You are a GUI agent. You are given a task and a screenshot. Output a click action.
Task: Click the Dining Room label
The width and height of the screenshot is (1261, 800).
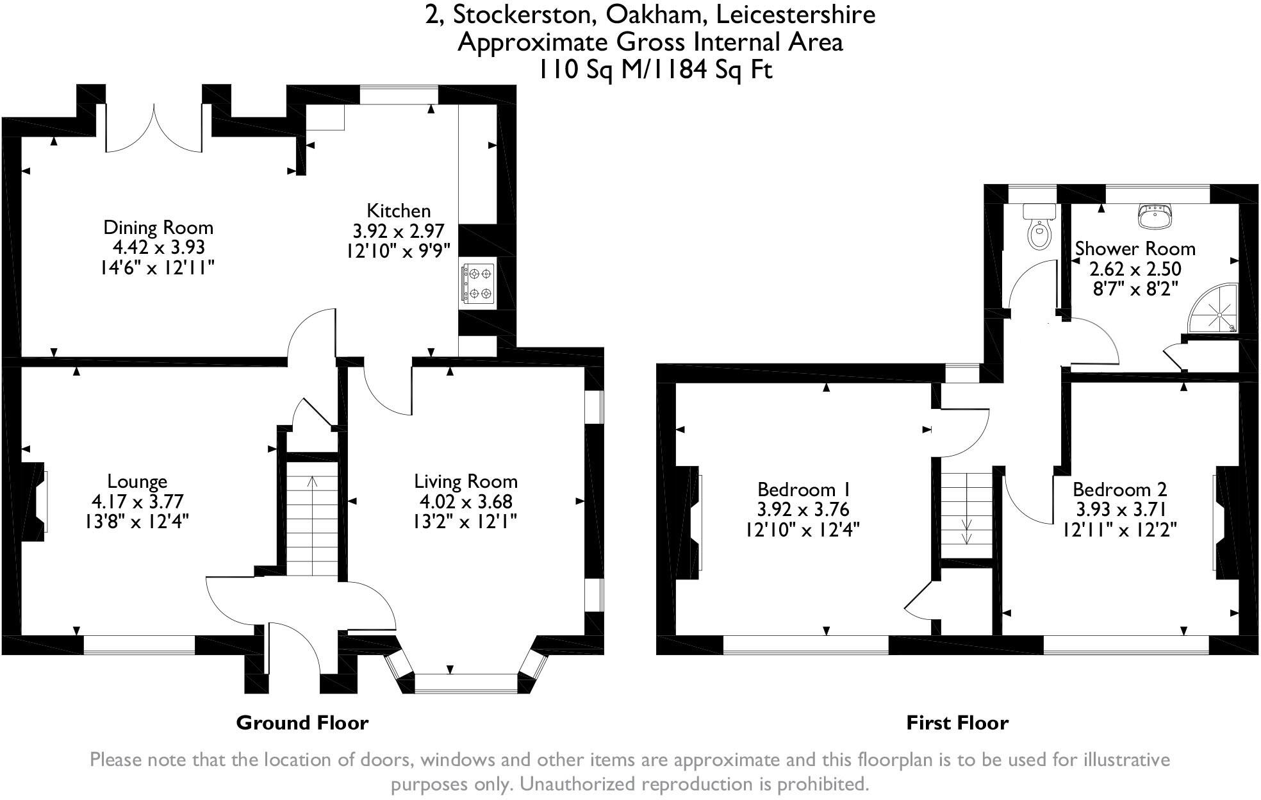coord(158,228)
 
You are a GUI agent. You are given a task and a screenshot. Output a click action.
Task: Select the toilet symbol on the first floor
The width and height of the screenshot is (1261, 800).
coord(1039,229)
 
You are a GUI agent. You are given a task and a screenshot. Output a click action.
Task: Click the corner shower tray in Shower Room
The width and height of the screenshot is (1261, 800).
coord(1214,312)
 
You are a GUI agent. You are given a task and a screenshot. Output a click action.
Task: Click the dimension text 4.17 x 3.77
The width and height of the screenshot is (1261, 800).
coord(137,501)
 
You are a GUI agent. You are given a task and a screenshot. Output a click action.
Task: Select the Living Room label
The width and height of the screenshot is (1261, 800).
coord(465,481)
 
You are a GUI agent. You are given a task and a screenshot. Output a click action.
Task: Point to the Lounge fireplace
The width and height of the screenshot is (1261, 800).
coord(37,501)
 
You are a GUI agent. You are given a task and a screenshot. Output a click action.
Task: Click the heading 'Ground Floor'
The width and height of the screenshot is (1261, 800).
coord(302,723)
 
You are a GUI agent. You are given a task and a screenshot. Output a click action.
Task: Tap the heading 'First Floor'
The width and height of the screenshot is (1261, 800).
coord(957,723)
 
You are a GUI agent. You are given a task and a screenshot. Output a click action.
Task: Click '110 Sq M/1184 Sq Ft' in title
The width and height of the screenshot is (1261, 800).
coord(655,69)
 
